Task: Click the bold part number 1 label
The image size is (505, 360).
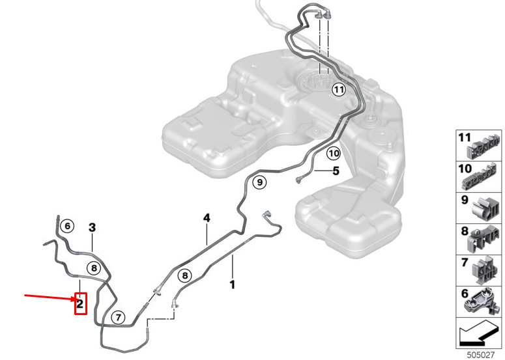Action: (232, 284)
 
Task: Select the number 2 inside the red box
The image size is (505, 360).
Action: (80, 303)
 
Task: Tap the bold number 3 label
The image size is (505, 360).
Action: (92, 228)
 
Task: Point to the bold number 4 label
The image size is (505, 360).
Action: (207, 218)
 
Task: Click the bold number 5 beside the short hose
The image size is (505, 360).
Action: (336, 171)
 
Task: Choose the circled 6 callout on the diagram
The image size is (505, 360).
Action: (67, 226)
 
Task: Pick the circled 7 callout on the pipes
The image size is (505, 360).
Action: (118, 318)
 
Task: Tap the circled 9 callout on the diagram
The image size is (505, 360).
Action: (259, 182)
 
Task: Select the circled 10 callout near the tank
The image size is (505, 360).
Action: (334, 154)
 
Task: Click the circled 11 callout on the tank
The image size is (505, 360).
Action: (338, 89)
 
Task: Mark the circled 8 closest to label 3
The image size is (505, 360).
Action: (94, 268)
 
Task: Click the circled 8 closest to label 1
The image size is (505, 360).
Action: (185, 275)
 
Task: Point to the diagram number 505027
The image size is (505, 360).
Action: (480, 355)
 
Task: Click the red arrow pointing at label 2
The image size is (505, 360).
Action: (50, 298)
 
